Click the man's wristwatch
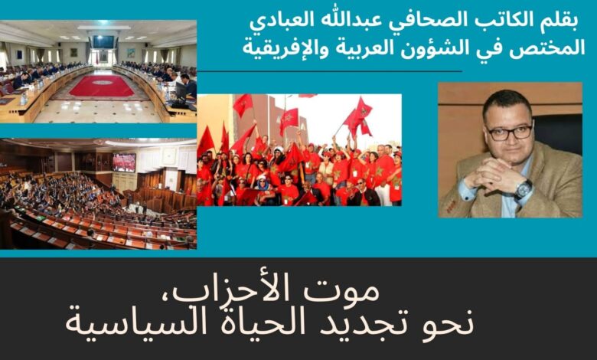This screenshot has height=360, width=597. pyautogui.click(x=524, y=189)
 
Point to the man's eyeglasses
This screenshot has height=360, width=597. pyautogui.click(x=511, y=133)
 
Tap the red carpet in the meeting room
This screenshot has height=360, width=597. pyautogui.click(x=102, y=85)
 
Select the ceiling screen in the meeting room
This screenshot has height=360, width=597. pyautogui.click(x=103, y=41)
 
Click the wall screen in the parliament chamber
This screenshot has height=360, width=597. pyautogui.click(x=124, y=162)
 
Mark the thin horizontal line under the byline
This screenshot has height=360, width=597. pyautogui.click(x=330, y=71)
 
